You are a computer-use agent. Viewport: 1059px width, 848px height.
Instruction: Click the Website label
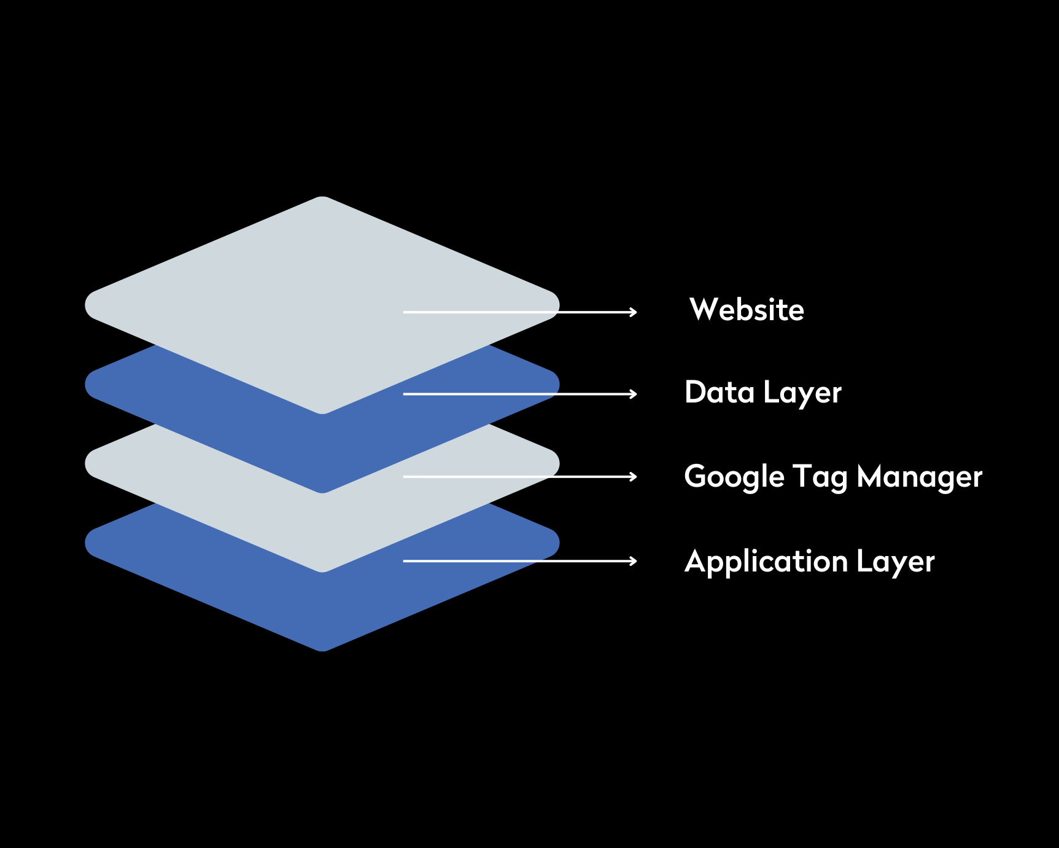tap(747, 310)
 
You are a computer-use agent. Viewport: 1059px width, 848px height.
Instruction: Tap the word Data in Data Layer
tap(719, 392)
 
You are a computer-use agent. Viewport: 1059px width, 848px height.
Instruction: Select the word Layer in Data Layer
tap(802, 393)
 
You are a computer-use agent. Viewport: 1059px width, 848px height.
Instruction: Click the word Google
tap(734, 477)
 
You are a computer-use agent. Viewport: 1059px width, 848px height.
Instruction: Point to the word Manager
tap(919, 477)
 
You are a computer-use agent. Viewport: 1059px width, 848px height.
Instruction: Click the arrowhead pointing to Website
tap(634, 312)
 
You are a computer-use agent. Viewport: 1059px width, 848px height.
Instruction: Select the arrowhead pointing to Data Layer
tap(634, 394)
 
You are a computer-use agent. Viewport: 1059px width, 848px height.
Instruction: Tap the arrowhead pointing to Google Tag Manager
tap(634, 476)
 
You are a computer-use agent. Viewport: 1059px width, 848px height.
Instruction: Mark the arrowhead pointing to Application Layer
tap(634, 560)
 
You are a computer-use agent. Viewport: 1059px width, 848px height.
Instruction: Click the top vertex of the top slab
tap(322, 198)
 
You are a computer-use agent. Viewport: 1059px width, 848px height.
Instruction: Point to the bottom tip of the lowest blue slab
tap(322, 649)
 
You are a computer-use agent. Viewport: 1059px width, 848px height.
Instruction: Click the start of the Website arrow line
tap(405, 312)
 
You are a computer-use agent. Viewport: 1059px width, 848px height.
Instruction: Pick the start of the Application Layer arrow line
tap(405, 560)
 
